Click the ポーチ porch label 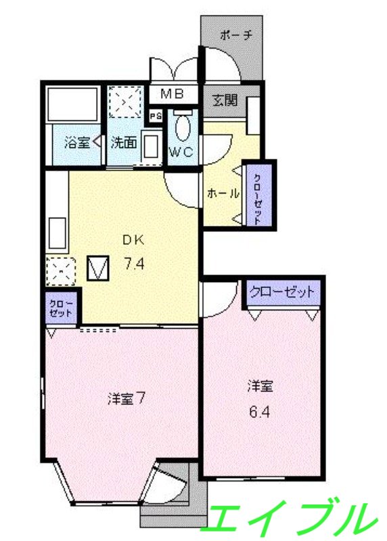click(x=235, y=35)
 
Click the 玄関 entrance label click(x=225, y=101)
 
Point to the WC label click(x=181, y=151)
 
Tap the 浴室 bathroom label click(x=76, y=143)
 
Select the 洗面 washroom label click(x=124, y=143)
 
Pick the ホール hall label click(x=223, y=193)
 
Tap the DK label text click(x=133, y=239)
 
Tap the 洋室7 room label click(x=127, y=398)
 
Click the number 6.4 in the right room click(x=260, y=411)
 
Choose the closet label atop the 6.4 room click(x=282, y=293)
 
